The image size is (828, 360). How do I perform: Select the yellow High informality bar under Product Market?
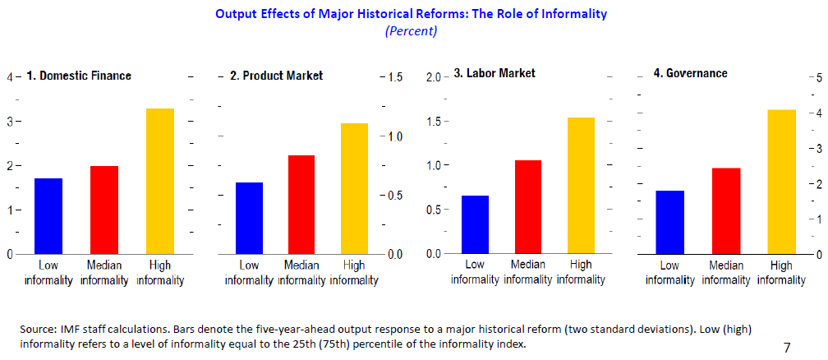[354, 188]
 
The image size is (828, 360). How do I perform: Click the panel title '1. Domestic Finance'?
[79, 76]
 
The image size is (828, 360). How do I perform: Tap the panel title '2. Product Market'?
[277, 76]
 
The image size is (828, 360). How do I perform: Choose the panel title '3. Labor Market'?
[494, 73]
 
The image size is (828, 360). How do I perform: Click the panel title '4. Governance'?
[690, 73]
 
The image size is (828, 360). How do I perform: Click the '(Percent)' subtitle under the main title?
[411, 31]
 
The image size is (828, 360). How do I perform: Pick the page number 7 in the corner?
[787, 348]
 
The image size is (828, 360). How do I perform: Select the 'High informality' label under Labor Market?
[580, 272]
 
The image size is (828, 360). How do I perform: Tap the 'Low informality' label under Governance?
[669, 273]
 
